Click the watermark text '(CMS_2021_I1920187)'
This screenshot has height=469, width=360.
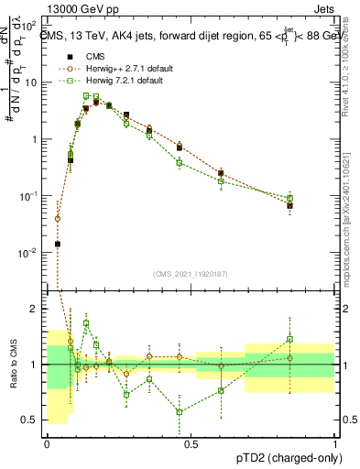[191, 272]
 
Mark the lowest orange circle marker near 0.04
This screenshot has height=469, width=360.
[58, 219]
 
